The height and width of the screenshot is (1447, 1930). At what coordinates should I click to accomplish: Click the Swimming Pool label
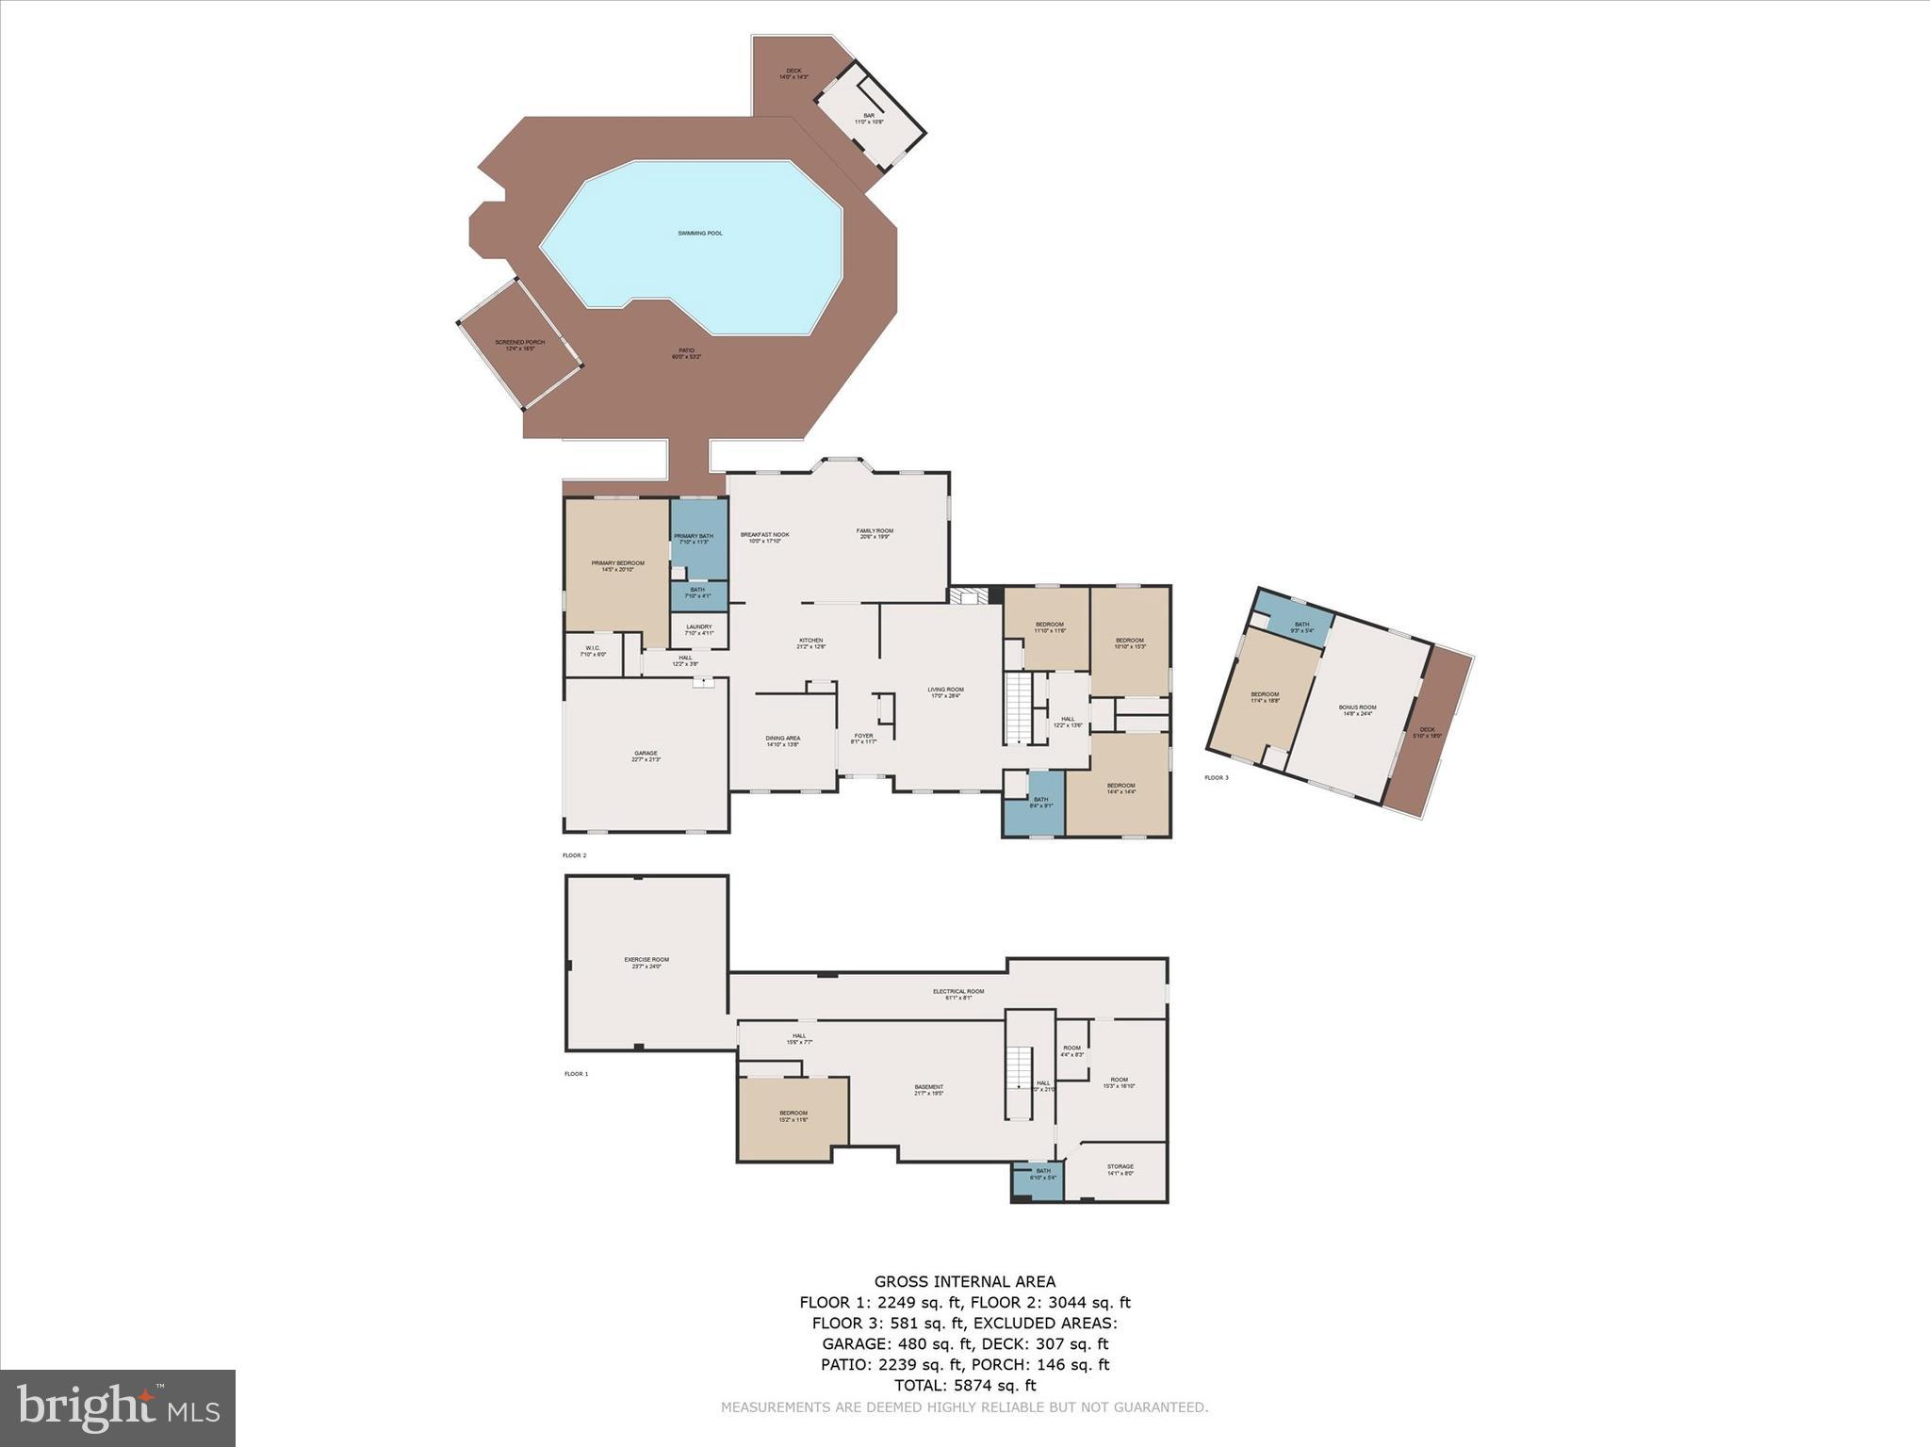700,233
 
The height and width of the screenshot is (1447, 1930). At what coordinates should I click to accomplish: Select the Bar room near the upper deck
869,119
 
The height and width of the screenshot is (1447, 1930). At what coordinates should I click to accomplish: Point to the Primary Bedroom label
618,566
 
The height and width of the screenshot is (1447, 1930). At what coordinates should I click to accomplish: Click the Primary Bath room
699,539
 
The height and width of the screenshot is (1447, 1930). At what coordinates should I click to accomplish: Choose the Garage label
646,756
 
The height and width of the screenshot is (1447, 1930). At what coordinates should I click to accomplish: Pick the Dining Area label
782,740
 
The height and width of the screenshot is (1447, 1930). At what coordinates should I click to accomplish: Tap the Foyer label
863,738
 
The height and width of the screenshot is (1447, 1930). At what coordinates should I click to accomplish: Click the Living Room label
945,691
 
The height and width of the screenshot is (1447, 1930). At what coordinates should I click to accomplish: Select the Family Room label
875,533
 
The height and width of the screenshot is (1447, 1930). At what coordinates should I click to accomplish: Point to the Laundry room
699,629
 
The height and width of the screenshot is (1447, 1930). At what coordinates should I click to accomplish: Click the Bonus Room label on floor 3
1357,709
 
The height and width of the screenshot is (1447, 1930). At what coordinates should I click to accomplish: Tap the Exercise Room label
646,962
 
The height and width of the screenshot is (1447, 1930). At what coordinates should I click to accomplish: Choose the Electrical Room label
958,994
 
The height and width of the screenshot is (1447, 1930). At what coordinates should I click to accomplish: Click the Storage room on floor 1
1120,1169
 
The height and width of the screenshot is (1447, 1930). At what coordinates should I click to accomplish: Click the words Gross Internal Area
965,1281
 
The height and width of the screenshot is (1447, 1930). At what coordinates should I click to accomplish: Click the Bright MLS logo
118,1407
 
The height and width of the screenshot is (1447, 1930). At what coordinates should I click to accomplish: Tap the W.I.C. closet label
593,650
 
